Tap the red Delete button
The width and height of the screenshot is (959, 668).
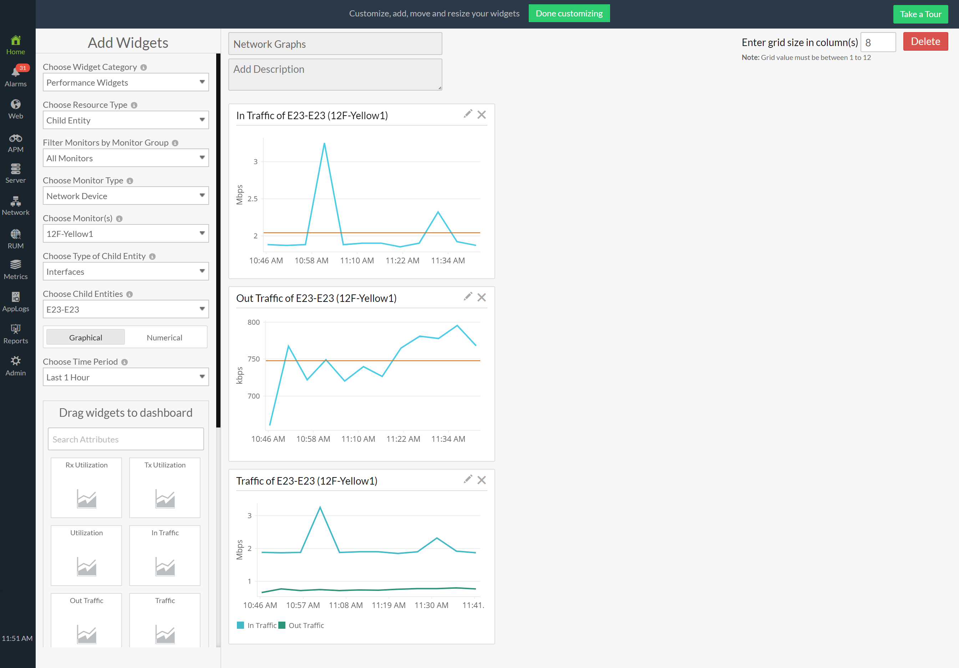coord(925,42)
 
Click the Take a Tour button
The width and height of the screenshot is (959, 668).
coord(920,14)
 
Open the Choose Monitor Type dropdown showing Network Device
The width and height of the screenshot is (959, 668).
coord(126,196)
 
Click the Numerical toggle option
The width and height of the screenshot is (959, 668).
coord(164,338)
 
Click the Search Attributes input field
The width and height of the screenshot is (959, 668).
coord(126,439)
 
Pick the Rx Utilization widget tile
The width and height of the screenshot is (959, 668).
coord(86,487)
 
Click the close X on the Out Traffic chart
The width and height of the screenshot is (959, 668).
coord(482,298)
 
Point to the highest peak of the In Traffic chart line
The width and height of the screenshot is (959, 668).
coord(324,144)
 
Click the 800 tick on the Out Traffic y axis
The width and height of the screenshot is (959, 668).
coord(254,322)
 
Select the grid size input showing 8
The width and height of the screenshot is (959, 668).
coord(878,42)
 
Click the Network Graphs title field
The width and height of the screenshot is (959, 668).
coord(335,44)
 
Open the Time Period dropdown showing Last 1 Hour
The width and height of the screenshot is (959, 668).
coord(126,377)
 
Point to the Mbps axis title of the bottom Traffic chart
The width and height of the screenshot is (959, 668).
coord(240,550)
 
